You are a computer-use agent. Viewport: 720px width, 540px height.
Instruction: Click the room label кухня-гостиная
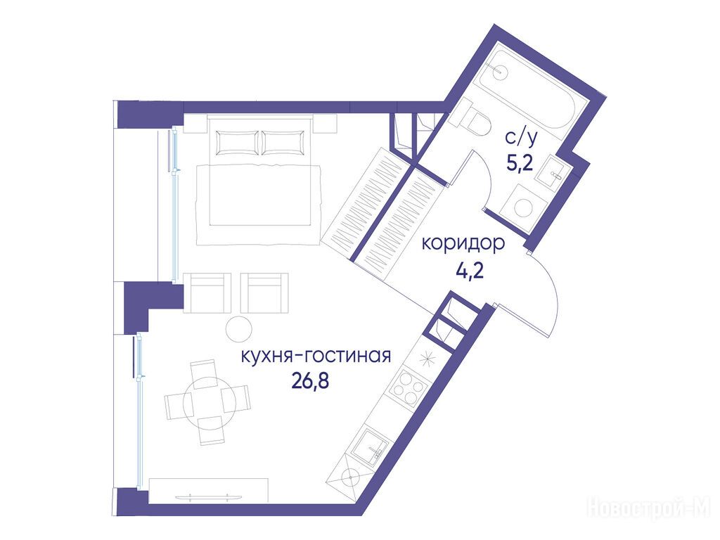pyautogui.click(x=316, y=356)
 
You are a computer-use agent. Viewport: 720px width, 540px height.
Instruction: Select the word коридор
pyautogui.click(x=463, y=245)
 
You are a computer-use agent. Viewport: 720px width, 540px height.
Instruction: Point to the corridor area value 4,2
pyautogui.click(x=470, y=269)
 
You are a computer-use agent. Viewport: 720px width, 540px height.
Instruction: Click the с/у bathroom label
pyautogui.click(x=521, y=137)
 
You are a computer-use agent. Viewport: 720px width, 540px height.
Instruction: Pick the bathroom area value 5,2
pyautogui.click(x=520, y=162)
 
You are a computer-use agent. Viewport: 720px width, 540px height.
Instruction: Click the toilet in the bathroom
pyautogui.click(x=470, y=117)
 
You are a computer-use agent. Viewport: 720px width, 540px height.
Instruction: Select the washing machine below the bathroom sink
pyautogui.click(x=523, y=207)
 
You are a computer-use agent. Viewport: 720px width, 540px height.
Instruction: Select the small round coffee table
pyautogui.click(x=239, y=329)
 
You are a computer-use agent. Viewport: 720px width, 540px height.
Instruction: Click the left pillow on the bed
pyautogui.click(x=237, y=143)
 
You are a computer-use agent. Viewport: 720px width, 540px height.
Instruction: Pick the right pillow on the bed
pyautogui.click(x=283, y=143)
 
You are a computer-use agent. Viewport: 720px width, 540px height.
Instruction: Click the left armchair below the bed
pyautogui.click(x=207, y=293)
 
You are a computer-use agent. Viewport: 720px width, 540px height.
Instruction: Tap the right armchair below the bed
pyautogui.click(x=264, y=293)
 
